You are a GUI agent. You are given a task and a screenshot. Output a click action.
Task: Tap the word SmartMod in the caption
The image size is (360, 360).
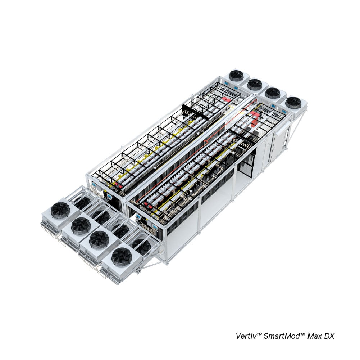tap(281, 336)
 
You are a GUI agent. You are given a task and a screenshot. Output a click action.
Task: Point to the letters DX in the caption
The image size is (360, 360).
tap(329, 336)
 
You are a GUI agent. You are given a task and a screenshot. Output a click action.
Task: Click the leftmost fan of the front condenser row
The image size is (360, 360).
tap(60, 210)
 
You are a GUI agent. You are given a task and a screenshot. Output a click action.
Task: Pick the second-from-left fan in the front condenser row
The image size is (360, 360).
tap(81, 225)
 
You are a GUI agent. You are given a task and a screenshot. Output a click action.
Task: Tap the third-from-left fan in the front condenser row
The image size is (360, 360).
tap(99, 239)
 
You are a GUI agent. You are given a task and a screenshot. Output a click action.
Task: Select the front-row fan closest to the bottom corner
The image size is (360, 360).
tap(122, 257)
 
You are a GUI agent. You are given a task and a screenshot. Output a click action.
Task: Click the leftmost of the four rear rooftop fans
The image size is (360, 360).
tap(236, 76)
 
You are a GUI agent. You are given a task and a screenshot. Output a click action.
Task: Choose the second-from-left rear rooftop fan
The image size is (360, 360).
tap(255, 84)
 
